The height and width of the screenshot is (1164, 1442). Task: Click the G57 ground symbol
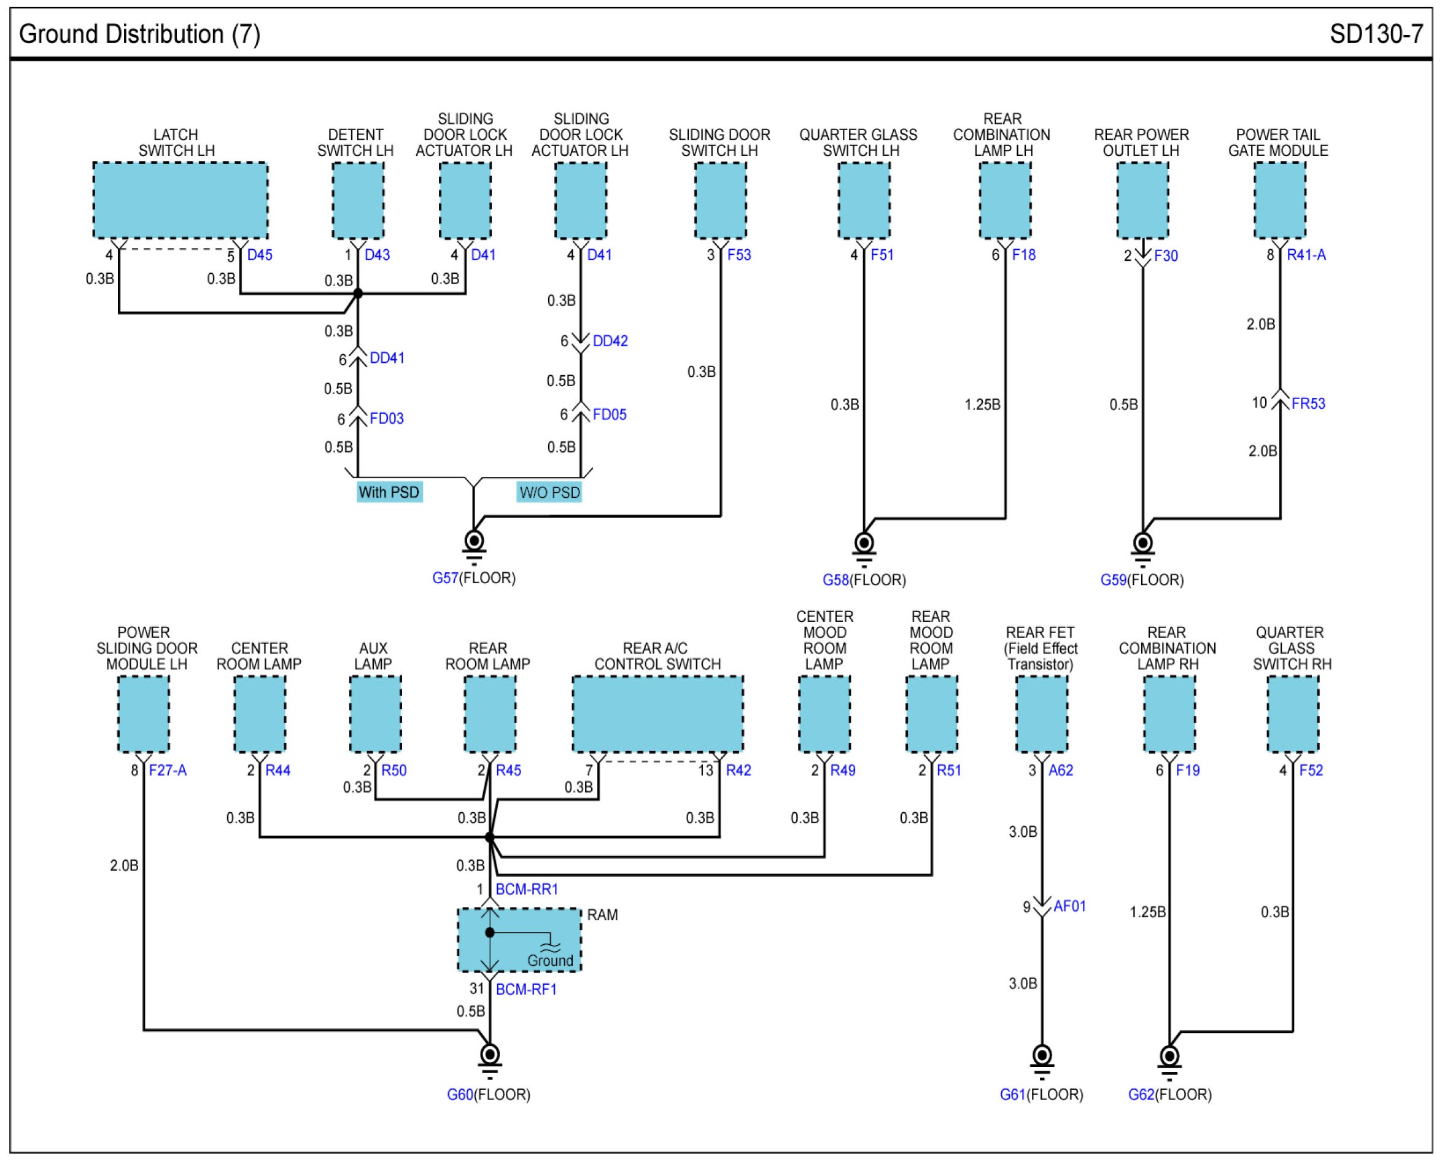pyautogui.click(x=474, y=546)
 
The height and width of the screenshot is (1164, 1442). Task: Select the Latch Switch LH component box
pyautogui.click(x=180, y=200)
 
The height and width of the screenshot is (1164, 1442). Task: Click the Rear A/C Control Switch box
pyautogui.click(x=657, y=714)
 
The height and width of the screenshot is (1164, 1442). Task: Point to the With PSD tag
pyautogui.click(x=389, y=492)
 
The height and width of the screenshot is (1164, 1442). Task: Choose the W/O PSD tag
pyautogui.click(x=549, y=493)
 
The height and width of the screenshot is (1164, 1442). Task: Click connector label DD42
pyautogui.click(x=610, y=341)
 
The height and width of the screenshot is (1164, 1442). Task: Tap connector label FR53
pyautogui.click(x=1308, y=403)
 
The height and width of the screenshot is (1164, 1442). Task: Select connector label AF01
pyautogui.click(x=1069, y=907)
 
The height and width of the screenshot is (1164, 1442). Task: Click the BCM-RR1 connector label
pyautogui.click(x=526, y=889)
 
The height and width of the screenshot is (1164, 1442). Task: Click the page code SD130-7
pyautogui.click(x=1376, y=34)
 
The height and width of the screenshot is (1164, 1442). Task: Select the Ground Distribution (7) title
pyautogui.click(x=139, y=34)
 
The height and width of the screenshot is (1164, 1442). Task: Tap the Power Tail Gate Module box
pyautogui.click(x=1280, y=200)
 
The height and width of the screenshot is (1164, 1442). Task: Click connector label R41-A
pyautogui.click(x=1306, y=255)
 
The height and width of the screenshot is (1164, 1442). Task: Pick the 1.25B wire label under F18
pyautogui.click(x=982, y=405)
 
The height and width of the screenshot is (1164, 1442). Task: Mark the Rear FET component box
pyautogui.click(x=1042, y=714)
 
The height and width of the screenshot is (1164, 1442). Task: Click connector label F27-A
pyautogui.click(x=168, y=770)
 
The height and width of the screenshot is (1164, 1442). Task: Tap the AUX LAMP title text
pyautogui.click(x=373, y=656)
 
